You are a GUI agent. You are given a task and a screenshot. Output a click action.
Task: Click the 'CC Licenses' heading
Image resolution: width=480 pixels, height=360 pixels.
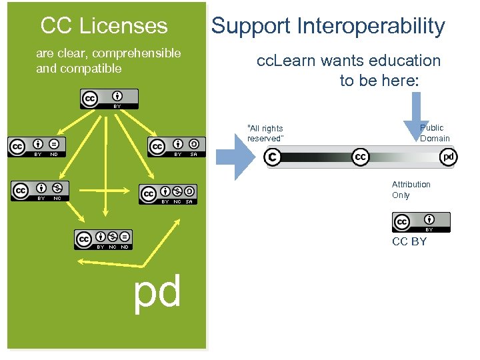[104, 26]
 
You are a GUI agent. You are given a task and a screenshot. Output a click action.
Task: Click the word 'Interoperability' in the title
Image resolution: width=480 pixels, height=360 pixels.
[371, 26]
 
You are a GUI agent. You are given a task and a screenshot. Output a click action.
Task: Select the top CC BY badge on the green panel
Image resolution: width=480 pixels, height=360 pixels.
[109, 99]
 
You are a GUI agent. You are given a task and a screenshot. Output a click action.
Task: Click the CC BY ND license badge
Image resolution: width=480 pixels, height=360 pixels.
[37, 147]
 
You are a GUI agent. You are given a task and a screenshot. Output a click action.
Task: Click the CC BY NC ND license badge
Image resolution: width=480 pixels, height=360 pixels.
[103, 239]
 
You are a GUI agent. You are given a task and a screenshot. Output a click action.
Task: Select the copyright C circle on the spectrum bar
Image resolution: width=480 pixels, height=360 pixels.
[272, 157]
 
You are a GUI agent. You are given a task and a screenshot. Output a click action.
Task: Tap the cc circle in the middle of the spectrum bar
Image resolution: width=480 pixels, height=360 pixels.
[361, 157]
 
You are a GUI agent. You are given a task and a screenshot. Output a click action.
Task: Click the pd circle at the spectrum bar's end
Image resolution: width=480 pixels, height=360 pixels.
[449, 157]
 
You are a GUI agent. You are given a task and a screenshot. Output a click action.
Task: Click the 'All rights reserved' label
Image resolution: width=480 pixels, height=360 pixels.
[265, 133]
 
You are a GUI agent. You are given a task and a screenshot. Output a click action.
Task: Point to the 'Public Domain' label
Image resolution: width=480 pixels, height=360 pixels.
[435, 133]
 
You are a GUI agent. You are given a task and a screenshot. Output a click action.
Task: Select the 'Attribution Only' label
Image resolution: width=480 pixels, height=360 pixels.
[411, 190]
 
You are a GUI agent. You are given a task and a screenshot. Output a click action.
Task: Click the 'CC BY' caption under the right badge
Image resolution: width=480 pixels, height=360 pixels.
[409, 241]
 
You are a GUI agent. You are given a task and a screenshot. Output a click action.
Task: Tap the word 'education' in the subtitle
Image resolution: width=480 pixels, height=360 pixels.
[406, 61]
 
